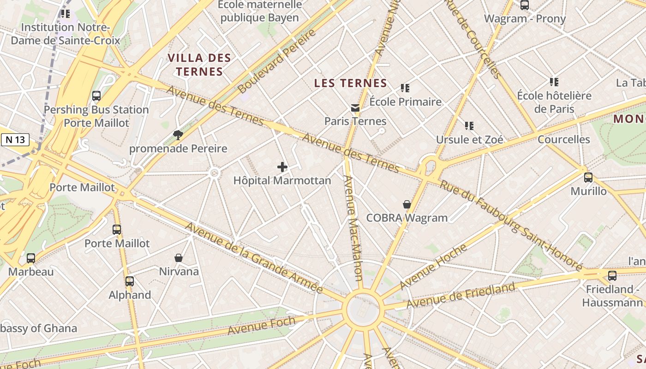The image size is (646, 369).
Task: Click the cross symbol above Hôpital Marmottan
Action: click(x=282, y=167)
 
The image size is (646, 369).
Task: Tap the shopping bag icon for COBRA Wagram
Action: click(x=407, y=204)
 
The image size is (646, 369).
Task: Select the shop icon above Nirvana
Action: click(x=179, y=258)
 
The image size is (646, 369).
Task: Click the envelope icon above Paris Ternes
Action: click(x=355, y=108)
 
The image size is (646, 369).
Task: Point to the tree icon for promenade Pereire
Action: click(x=178, y=135)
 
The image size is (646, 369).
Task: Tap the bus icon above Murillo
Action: click(x=588, y=178)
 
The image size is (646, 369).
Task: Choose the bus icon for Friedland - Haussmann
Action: click(x=612, y=276)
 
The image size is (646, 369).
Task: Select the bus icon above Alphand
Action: click(x=130, y=281)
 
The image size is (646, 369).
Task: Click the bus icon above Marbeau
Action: click(x=31, y=258)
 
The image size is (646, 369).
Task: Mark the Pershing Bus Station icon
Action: click(x=96, y=96)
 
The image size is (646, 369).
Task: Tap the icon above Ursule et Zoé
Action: click(x=469, y=125)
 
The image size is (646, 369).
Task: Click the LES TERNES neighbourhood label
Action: click(x=350, y=83)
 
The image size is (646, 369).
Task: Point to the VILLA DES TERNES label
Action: click(x=199, y=65)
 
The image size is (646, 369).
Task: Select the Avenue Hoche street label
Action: click(x=433, y=267)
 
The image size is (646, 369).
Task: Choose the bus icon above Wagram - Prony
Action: click(x=525, y=6)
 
